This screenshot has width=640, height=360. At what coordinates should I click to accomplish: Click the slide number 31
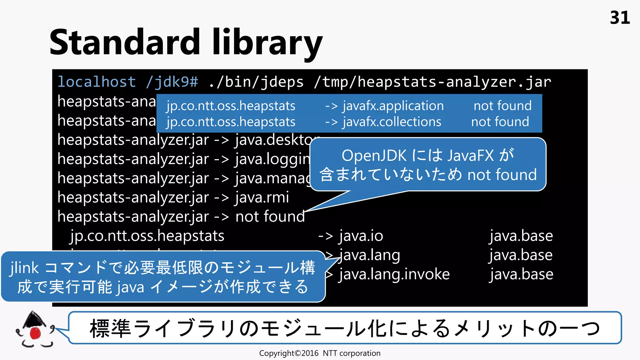[620, 18]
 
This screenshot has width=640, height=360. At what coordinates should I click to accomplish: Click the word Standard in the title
[124, 42]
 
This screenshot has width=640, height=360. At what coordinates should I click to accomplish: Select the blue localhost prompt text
[97, 82]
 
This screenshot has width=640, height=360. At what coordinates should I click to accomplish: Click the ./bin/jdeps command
[256, 82]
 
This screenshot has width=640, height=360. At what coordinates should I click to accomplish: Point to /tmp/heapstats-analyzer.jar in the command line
[432, 82]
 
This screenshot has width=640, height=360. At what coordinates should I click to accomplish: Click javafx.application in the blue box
[393, 106]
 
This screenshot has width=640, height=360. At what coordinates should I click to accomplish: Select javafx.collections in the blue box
[392, 122]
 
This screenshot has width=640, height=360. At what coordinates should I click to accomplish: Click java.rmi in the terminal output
[262, 197]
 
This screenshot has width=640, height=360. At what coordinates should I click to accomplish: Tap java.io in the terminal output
[361, 236]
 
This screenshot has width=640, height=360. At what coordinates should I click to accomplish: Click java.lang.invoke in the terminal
[394, 274]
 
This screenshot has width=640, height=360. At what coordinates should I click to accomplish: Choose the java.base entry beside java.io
[521, 236]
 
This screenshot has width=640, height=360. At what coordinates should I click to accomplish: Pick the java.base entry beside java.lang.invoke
[521, 274]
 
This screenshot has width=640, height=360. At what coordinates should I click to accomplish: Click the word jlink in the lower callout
[24, 268]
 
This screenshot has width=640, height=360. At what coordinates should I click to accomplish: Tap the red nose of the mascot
[35, 333]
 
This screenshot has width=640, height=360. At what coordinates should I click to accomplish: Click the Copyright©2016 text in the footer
[288, 353]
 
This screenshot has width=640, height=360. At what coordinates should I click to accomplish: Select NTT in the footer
[330, 353]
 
